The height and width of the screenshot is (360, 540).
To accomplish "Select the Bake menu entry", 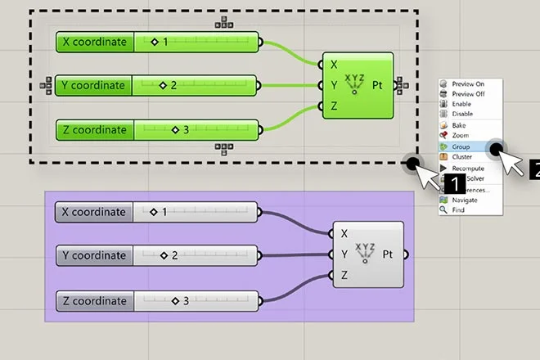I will [458, 125].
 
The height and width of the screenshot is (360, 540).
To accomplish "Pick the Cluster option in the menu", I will [461, 156].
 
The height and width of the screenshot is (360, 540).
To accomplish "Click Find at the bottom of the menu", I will [457, 209].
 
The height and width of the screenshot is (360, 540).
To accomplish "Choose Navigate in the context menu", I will [464, 199].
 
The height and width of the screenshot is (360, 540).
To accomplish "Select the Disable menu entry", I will [462, 114].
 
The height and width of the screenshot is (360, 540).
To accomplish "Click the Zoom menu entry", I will [460, 135].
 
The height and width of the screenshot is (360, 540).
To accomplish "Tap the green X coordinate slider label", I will [94, 42].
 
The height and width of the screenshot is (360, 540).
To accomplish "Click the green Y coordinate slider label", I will [94, 85].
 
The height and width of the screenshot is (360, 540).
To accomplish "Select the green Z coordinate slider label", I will [94, 129].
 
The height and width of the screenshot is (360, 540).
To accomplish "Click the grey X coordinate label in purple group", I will [94, 212].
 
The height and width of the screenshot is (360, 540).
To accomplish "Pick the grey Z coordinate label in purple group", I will [94, 301].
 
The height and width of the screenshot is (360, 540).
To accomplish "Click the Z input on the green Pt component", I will [333, 106].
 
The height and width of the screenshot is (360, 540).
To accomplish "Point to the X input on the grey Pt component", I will [344, 233].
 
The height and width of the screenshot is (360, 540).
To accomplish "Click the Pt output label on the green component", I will [378, 84].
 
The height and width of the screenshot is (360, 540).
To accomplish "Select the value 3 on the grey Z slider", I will [186, 301].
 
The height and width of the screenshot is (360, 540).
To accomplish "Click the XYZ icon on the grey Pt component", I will [366, 254].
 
